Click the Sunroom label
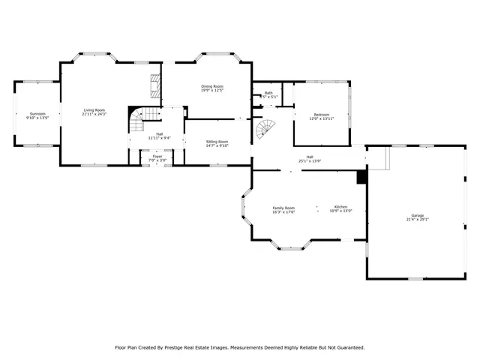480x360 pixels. click(37, 114)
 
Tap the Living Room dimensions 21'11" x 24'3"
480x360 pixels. click(94, 114)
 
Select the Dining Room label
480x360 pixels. click(212, 86)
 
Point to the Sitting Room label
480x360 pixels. click(217, 141)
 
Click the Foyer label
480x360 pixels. click(157, 156)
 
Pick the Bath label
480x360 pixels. click(268, 93)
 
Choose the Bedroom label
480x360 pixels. click(322, 114)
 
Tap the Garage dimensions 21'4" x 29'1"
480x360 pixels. click(417, 219)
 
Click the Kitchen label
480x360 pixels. click(340, 207)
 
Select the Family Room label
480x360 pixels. click(283, 207)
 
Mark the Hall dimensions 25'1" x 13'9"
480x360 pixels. click(310, 161)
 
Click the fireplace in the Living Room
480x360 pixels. click(155, 86)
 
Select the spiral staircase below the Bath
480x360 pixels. click(265, 130)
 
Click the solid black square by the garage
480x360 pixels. click(361, 178)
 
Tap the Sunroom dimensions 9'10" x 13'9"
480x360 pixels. click(37, 118)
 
